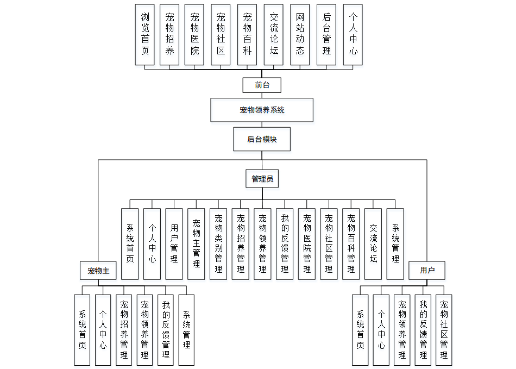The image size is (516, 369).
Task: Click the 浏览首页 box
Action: pyautogui.click(x=144, y=35)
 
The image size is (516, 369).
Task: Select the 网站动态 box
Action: pyautogui.click(x=300, y=35)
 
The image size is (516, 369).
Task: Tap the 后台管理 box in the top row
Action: pyautogui.click(x=326, y=35)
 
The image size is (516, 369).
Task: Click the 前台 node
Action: pyautogui.click(x=262, y=85)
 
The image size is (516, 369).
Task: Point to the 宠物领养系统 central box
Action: pyautogui.click(x=262, y=110)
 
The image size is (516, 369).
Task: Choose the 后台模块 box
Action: pyautogui.click(x=262, y=139)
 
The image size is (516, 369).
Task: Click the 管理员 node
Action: pyautogui.click(x=262, y=179)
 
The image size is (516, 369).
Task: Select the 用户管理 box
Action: pyautogui.click(x=174, y=243)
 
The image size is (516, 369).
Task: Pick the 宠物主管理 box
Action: pyautogui.click(x=196, y=243)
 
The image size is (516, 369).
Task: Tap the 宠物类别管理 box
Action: pyautogui.click(x=218, y=243)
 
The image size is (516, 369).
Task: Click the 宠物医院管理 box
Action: pyautogui.click(x=307, y=243)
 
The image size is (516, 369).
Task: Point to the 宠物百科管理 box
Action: pyautogui.click(x=351, y=243)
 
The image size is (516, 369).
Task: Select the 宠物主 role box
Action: pyautogui.click(x=98, y=270)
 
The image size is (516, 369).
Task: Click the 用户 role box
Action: pyautogui.click(x=427, y=270)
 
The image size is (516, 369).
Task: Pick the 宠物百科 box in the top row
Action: pyautogui.click(x=247, y=35)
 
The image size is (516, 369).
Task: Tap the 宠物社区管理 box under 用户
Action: pyautogui.click(x=444, y=329)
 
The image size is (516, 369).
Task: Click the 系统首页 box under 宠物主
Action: pyautogui.click(x=82, y=329)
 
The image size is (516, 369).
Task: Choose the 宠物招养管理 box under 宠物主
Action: pyautogui.click(x=124, y=329)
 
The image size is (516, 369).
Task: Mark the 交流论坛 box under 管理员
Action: pyautogui.click(x=373, y=243)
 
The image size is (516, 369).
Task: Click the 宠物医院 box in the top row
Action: pyautogui.click(x=194, y=35)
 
